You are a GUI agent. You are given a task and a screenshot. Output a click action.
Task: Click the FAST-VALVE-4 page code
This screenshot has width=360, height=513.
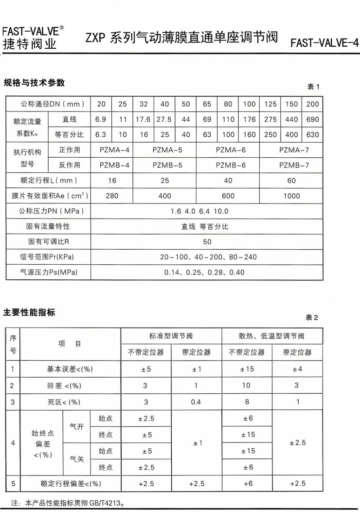[x=324, y=43]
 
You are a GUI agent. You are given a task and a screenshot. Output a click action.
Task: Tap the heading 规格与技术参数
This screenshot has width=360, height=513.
[x=34, y=82]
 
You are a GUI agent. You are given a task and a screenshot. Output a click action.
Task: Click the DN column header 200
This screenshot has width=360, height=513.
[x=313, y=104]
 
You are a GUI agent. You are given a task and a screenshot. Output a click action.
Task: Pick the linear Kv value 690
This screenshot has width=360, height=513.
[x=313, y=119]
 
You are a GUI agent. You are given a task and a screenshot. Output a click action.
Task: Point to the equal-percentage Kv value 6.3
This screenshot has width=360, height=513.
[x=101, y=135]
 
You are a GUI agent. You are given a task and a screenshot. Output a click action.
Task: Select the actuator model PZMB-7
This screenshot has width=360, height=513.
[x=291, y=165]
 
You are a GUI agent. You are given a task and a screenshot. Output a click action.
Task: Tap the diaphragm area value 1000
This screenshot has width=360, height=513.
[x=291, y=196]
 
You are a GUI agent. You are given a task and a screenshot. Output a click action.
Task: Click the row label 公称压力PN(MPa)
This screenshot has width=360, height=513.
[x=49, y=211]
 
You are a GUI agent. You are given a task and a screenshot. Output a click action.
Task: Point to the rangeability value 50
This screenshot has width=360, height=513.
[x=207, y=241]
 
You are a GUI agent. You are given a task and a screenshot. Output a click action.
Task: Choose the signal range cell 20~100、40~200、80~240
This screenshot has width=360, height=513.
[x=207, y=257]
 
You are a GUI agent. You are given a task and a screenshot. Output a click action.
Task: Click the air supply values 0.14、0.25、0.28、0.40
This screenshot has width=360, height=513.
[x=207, y=272]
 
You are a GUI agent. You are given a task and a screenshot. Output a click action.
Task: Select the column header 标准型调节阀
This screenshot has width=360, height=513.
[x=171, y=336]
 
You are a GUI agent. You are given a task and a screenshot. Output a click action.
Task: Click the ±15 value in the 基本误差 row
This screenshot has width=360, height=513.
[x=247, y=369]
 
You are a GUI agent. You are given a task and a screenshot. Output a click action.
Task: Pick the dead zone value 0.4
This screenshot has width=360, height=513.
[x=196, y=402]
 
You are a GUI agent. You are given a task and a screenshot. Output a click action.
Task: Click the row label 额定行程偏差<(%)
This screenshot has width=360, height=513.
[x=71, y=484]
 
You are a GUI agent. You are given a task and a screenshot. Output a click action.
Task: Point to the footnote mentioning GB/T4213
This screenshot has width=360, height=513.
[x=63, y=502]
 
